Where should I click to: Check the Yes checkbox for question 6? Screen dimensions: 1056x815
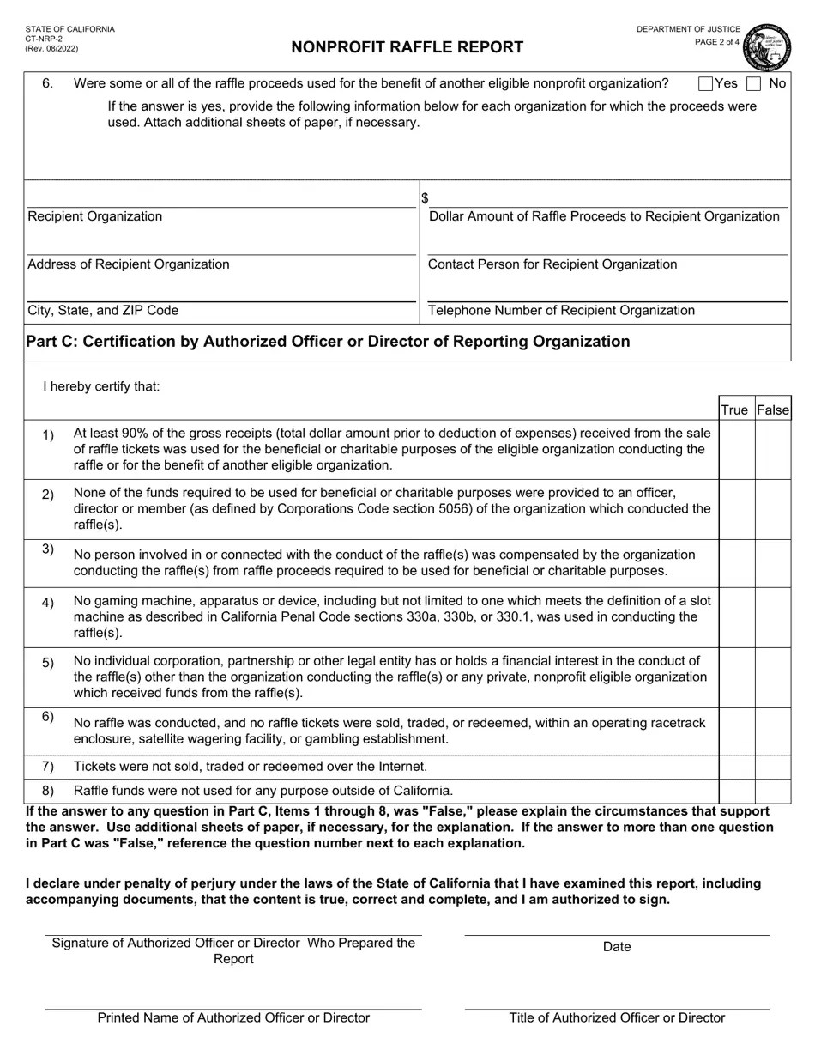706,83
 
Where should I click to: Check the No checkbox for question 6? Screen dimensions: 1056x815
754,83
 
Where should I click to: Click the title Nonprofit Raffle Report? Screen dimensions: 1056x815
407,47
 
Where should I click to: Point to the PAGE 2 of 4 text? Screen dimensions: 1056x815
716,42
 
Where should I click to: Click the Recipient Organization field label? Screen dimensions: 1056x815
95,216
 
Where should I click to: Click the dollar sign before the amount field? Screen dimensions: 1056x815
425,198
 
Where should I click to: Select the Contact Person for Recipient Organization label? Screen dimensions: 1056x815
552,264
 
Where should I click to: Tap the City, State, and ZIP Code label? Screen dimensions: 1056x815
103,311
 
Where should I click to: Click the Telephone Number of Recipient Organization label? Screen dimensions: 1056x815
561,311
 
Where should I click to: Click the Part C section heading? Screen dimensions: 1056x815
328,342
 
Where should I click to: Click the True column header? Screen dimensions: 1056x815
734,410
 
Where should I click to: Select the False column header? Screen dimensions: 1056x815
772,410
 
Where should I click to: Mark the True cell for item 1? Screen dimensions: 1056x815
736,449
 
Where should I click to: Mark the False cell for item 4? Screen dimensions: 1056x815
772,617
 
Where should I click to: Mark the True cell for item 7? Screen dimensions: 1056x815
736,767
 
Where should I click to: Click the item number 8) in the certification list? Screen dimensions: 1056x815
48,791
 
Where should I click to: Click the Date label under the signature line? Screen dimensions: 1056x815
617,947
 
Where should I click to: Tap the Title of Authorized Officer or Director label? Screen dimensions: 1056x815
617,1018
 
